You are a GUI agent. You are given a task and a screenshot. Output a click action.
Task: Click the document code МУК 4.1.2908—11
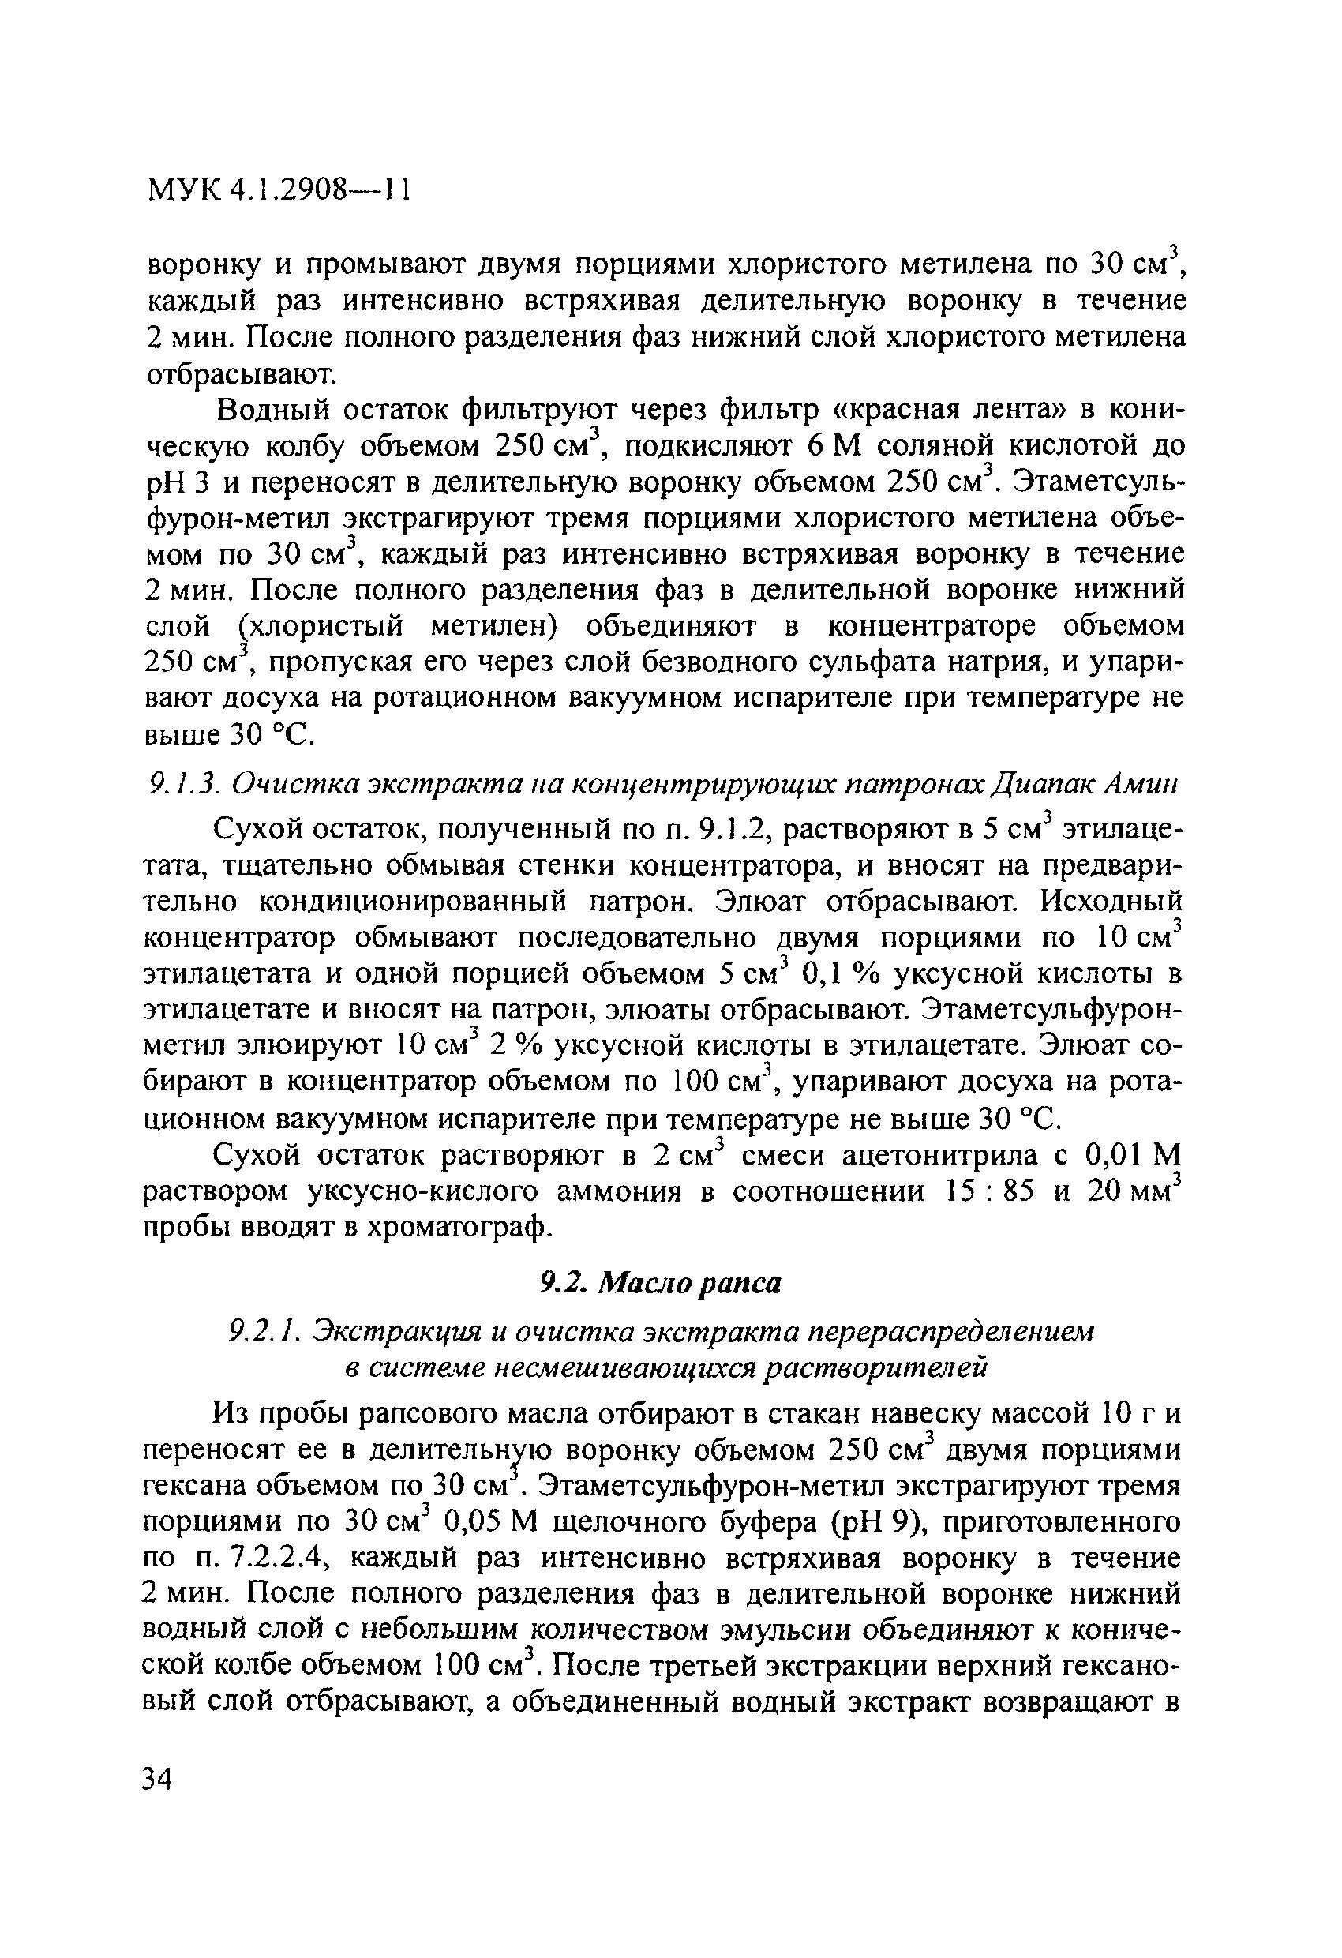click(x=279, y=189)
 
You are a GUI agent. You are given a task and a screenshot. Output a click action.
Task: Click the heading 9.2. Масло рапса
click(x=660, y=1281)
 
